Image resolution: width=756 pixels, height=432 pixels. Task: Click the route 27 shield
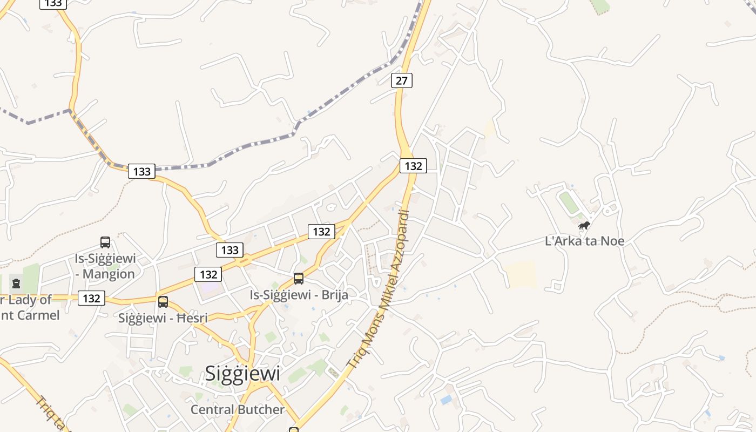[401, 80]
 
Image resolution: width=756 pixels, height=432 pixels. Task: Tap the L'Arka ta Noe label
[585, 241]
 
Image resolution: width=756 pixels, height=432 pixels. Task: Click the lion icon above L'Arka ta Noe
[584, 225]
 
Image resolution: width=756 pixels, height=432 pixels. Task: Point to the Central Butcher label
[237, 410]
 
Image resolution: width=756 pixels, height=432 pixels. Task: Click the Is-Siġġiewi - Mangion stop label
[105, 266]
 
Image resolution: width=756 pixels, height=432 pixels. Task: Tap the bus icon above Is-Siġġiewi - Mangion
[105, 242]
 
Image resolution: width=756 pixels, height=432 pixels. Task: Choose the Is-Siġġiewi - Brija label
[299, 295]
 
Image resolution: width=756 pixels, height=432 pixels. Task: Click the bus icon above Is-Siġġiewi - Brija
[299, 279]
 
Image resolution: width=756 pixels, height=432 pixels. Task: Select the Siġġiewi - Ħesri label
[163, 318]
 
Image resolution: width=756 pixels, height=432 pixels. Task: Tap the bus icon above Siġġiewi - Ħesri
[163, 302]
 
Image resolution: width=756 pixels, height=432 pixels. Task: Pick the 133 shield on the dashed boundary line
[141, 172]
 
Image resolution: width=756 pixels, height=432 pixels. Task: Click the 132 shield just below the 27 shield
[413, 166]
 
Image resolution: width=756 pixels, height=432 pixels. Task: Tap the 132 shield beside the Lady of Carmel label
[91, 298]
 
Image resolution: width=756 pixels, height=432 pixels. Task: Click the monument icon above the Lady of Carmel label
[16, 283]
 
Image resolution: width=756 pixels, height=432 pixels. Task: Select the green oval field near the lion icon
[568, 202]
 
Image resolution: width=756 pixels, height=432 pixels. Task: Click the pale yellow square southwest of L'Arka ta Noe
[521, 274]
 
